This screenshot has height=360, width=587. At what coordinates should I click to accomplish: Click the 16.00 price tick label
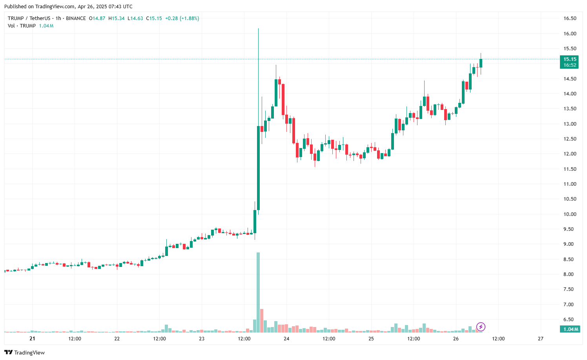pos(570,34)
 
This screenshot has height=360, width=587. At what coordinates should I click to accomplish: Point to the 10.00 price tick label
pos(570,214)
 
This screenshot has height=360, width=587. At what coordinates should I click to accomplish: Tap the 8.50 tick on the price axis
pos(570,259)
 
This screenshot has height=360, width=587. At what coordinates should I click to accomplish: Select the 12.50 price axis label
pos(570,139)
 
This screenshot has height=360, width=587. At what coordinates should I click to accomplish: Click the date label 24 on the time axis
pos(286,339)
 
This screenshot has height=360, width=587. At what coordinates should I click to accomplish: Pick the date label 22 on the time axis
pos(117,339)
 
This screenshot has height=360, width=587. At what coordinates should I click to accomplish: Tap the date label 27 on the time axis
pos(541,339)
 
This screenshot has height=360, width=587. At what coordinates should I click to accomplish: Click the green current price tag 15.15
pos(569,59)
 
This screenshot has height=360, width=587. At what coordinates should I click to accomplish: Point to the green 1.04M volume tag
pos(569,329)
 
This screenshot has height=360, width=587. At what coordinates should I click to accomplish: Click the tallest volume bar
pos(258,292)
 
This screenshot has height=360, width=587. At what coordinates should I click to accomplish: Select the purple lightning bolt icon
pos(481,327)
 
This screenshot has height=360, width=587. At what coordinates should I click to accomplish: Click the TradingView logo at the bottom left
pos(25,353)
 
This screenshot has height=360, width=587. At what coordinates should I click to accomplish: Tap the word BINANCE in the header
pos(76,18)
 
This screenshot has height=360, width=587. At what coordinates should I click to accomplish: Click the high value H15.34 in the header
pos(117,18)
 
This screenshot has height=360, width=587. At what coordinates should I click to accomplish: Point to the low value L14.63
pos(135,18)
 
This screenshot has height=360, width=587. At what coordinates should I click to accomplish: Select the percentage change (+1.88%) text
pos(189,18)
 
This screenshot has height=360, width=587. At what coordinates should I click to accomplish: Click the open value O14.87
pos(97,18)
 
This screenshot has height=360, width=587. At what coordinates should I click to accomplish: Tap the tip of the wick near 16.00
pos(258,29)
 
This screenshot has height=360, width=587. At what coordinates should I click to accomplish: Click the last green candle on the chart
pos(481,63)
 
